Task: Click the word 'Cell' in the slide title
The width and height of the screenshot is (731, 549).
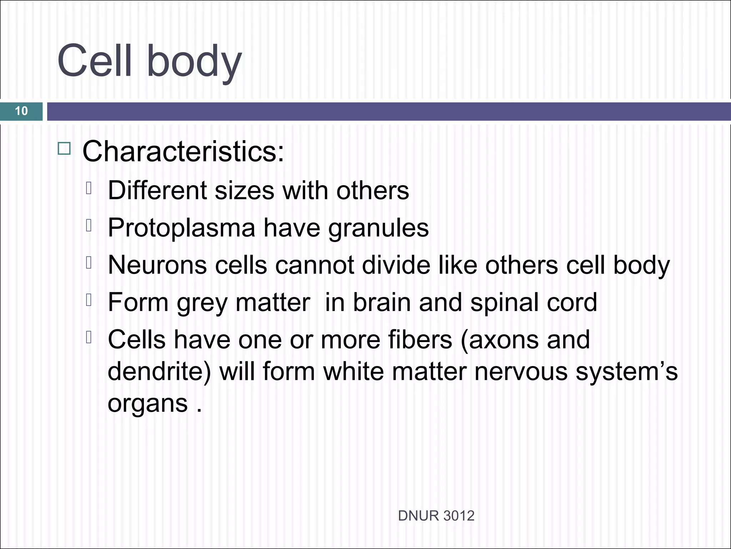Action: pyautogui.click(x=95, y=61)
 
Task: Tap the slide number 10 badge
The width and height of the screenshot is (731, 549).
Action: pyautogui.click(x=21, y=111)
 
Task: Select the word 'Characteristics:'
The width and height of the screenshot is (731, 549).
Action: pyautogui.click(x=183, y=152)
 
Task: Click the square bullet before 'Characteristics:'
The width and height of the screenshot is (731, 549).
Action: pyautogui.click(x=64, y=148)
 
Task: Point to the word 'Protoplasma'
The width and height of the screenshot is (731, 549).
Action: pyautogui.click(x=181, y=228)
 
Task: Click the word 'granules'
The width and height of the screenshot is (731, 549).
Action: pyautogui.click(x=378, y=228)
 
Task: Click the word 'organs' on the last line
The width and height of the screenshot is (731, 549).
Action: pyautogui.click(x=147, y=404)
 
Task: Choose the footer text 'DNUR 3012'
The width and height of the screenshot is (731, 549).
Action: pyautogui.click(x=436, y=516)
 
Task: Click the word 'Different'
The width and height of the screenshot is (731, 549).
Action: pyautogui.click(x=157, y=190)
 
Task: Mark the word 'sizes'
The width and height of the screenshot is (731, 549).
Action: pyautogui.click(x=244, y=190)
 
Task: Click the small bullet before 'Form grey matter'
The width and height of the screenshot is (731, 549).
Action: pyautogui.click(x=89, y=300)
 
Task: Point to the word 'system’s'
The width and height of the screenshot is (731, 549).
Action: pyautogui.click(x=626, y=371)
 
